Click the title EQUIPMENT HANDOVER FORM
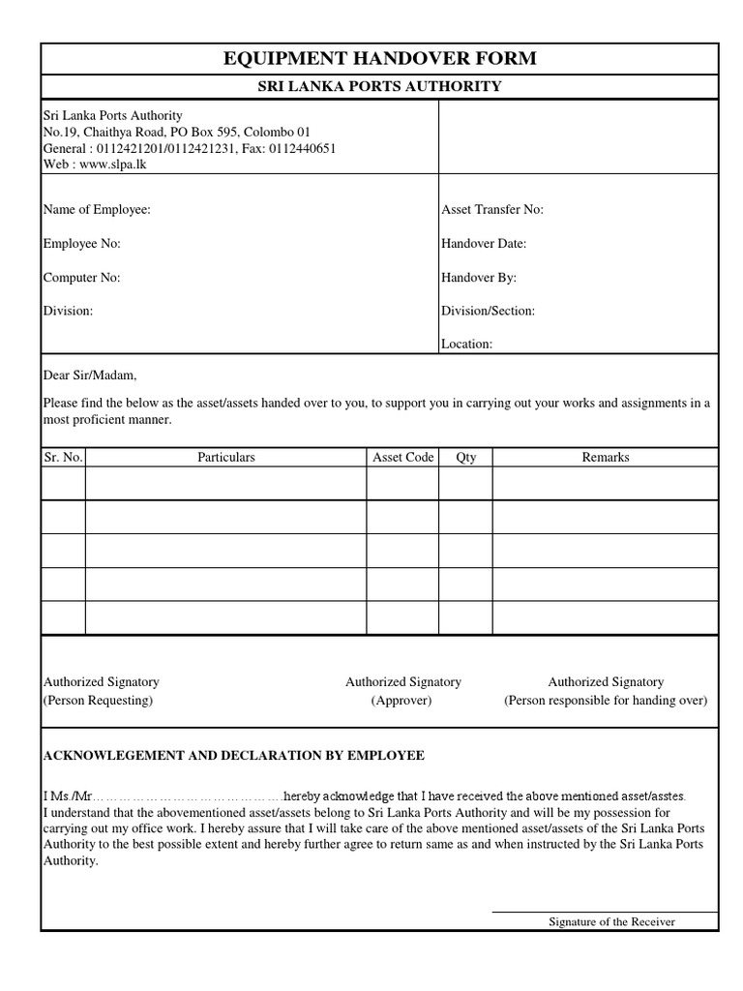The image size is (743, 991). coord(379,60)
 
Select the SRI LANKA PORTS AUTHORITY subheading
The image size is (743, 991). coord(379,87)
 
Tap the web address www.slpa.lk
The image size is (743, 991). coord(109,165)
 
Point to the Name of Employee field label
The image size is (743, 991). coord(97,210)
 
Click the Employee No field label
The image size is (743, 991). coord(82,244)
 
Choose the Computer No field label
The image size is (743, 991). coord(82,278)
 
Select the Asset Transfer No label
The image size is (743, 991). coord(492,210)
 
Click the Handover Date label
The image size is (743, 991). coord(484,244)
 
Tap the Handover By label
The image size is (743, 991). coord(479,278)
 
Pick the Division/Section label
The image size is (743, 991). coord(488,311)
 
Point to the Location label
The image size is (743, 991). coord(467,344)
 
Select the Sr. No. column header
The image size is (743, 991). coord(63,457)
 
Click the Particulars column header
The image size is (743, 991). coord(226,457)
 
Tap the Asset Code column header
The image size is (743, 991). coord(403,457)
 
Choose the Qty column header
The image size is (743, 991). coord(466,457)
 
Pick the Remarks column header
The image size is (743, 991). coord(606,457)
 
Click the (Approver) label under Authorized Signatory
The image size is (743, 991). coord(401,701)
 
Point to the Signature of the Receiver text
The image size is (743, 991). coord(611,921)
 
